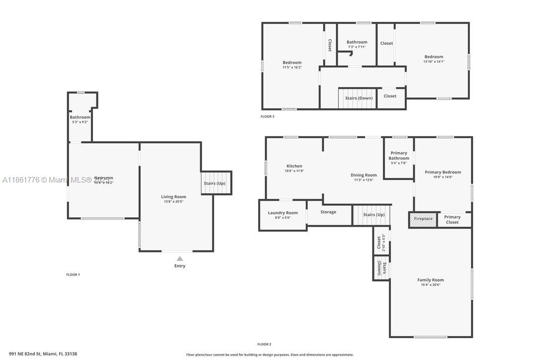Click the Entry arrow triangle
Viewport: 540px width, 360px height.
pos(180,258)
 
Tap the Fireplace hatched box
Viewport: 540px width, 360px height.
pos(423,219)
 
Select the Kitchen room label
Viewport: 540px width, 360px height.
pos(294,166)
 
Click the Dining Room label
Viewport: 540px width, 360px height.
pos(363,175)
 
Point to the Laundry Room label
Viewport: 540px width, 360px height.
pos(282,213)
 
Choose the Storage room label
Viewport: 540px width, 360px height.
pos(328,212)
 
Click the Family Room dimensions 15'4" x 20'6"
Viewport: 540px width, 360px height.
pos(431,285)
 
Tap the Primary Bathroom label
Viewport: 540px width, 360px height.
pos(399,156)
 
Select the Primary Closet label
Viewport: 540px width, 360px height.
pos(452,219)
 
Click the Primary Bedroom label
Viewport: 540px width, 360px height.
pos(443,172)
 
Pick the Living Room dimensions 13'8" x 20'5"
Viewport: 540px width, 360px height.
pos(174,202)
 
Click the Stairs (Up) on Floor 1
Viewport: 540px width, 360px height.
pos(214,183)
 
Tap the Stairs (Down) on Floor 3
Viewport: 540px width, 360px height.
pos(359,98)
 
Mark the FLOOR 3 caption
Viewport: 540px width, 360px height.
pos(267,117)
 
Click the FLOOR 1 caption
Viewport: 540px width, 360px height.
pos(73,274)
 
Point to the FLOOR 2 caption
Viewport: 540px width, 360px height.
pos(264,344)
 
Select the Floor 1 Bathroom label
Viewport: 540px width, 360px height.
pos(80,117)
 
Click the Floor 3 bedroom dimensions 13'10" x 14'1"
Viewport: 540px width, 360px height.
pos(434,62)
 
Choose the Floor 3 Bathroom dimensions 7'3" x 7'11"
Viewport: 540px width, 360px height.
pos(357,47)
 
